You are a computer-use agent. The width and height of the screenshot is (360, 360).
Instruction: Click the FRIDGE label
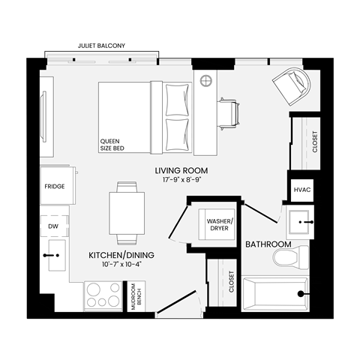(x=54, y=186)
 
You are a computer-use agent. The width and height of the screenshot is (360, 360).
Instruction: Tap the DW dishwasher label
(x=53, y=225)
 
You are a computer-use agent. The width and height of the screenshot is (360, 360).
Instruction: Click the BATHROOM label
(x=268, y=244)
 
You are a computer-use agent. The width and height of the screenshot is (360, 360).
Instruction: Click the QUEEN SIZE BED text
(x=112, y=145)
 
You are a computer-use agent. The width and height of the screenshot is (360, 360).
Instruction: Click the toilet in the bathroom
(x=289, y=258)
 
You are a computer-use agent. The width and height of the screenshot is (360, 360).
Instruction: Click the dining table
(x=125, y=213)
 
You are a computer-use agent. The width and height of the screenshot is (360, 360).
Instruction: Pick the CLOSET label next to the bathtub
(x=231, y=282)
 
